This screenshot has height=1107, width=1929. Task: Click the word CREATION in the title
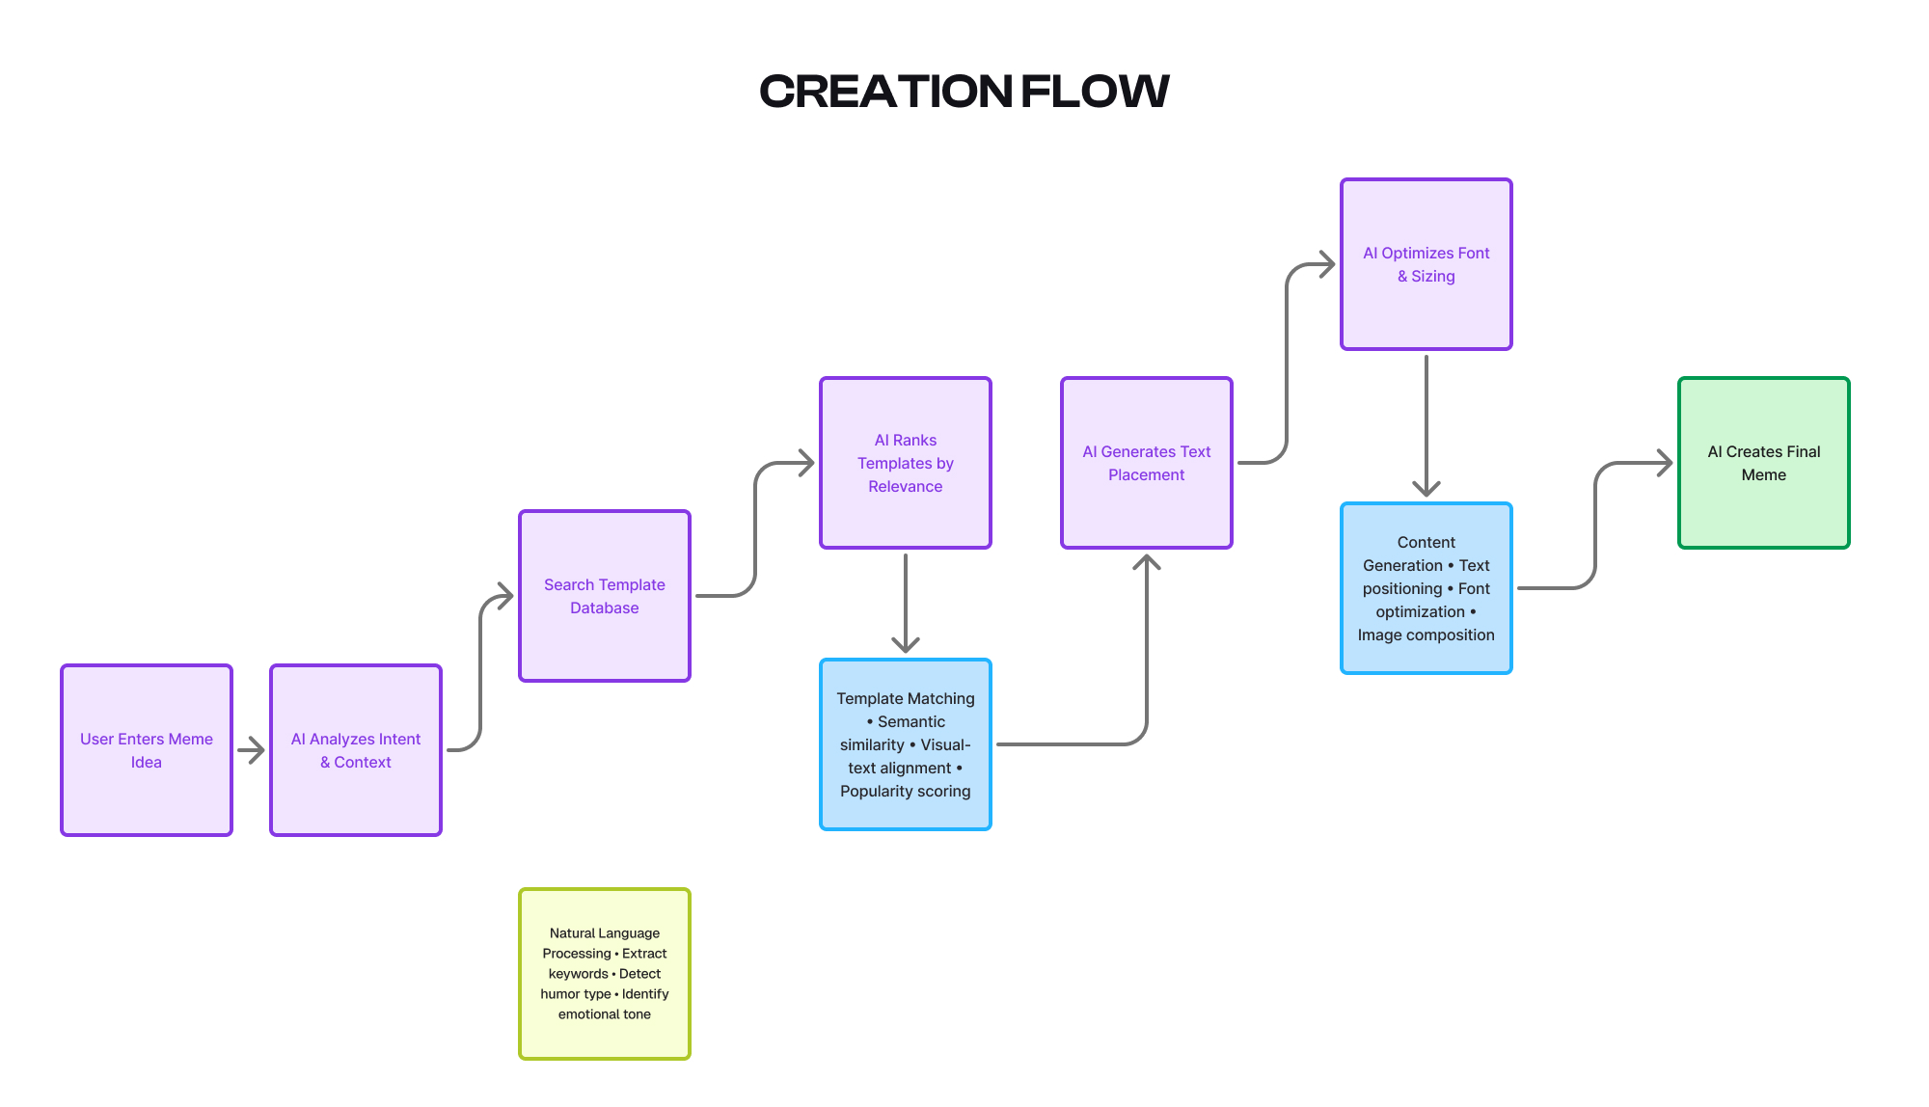tap(885, 92)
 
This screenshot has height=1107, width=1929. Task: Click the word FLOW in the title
tap(1095, 92)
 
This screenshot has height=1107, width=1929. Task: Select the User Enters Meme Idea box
tap(147, 749)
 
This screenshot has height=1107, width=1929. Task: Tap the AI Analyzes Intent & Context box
tap(356, 749)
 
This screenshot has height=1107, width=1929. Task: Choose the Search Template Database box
tap(605, 595)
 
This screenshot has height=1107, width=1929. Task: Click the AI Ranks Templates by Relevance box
tap(906, 462)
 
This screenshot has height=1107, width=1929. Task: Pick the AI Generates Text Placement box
tap(1147, 462)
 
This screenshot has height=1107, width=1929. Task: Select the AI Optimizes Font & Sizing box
tap(1426, 263)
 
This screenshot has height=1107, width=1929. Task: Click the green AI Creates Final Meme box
tap(1764, 462)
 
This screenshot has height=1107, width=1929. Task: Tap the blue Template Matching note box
tap(906, 743)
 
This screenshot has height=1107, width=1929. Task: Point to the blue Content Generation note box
tap(1426, 587)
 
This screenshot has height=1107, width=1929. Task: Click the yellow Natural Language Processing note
tap(605, 973)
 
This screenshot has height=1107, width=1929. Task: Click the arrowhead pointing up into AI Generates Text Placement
tap(1147, 563)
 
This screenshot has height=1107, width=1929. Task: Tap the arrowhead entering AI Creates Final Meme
tap(1663, 463)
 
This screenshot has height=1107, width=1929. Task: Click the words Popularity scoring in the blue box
tap(905, 791)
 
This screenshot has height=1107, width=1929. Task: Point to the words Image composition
tap(1426, 634)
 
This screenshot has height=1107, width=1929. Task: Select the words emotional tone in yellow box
tap(605, 1013)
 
